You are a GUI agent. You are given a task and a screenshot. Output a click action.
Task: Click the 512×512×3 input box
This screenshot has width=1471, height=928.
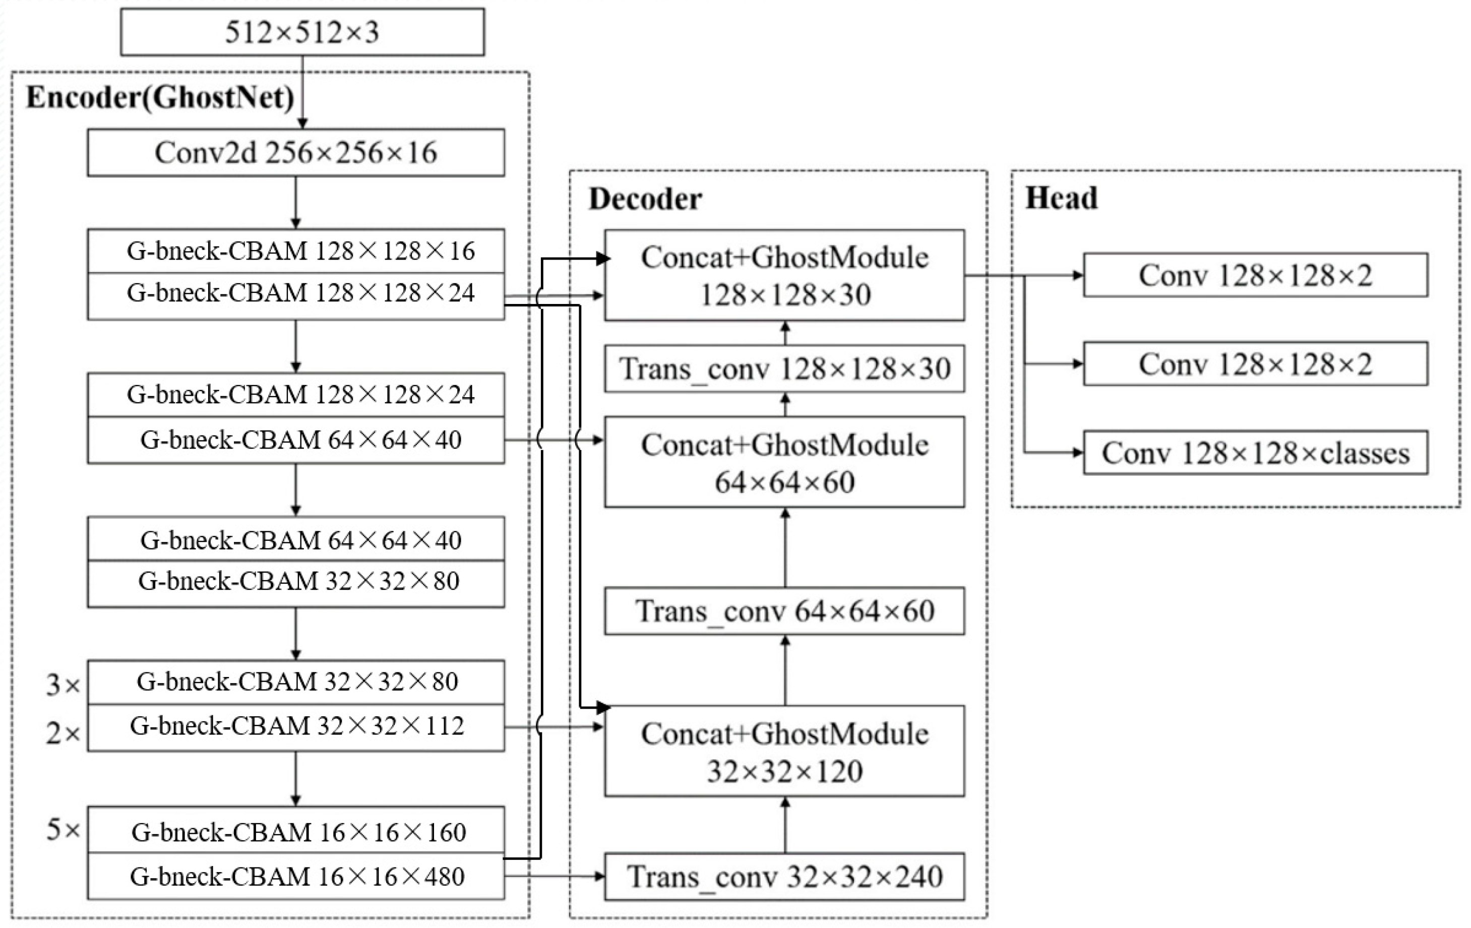pos(302,32)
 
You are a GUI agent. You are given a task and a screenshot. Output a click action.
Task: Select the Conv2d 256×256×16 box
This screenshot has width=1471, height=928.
pos(296,153)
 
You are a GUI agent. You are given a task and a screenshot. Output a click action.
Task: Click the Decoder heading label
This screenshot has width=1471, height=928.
pos(645,199)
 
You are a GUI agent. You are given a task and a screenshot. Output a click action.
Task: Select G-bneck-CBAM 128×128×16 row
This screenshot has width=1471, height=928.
pos(296,251)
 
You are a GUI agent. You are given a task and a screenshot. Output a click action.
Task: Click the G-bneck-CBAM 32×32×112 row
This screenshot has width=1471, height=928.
pos(296,726)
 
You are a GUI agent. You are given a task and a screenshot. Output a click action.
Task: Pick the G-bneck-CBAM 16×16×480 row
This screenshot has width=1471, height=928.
pos(296,877)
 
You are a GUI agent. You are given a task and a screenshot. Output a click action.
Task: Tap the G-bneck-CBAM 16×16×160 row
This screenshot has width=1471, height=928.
pos(296,832)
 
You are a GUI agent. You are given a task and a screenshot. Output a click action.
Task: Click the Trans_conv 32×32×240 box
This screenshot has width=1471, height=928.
pos(784,877)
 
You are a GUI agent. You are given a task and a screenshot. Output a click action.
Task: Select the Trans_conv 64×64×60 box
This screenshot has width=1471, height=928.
pos(784,611)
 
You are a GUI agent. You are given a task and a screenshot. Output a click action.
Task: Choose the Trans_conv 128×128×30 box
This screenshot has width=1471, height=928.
pos(784,369)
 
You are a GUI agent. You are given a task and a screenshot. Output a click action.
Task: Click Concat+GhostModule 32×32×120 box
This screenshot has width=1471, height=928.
pos(784,752)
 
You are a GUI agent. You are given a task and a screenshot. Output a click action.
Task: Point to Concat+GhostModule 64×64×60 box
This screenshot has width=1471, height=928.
pos(784,462)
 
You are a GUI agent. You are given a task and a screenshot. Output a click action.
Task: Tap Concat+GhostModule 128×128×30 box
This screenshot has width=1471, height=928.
pos(784,276)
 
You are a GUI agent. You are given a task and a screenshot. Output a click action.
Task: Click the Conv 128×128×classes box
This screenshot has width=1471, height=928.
pos(1255,453)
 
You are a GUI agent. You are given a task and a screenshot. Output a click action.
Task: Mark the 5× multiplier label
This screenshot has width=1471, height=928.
pos(63,830)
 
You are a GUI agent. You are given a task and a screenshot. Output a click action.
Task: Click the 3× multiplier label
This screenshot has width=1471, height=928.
pos(63,685)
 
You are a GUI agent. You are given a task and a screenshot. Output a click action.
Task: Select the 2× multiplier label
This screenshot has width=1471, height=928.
pos(63,732)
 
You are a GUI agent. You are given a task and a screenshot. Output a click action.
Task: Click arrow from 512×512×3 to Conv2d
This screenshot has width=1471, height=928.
pos(302,92)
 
